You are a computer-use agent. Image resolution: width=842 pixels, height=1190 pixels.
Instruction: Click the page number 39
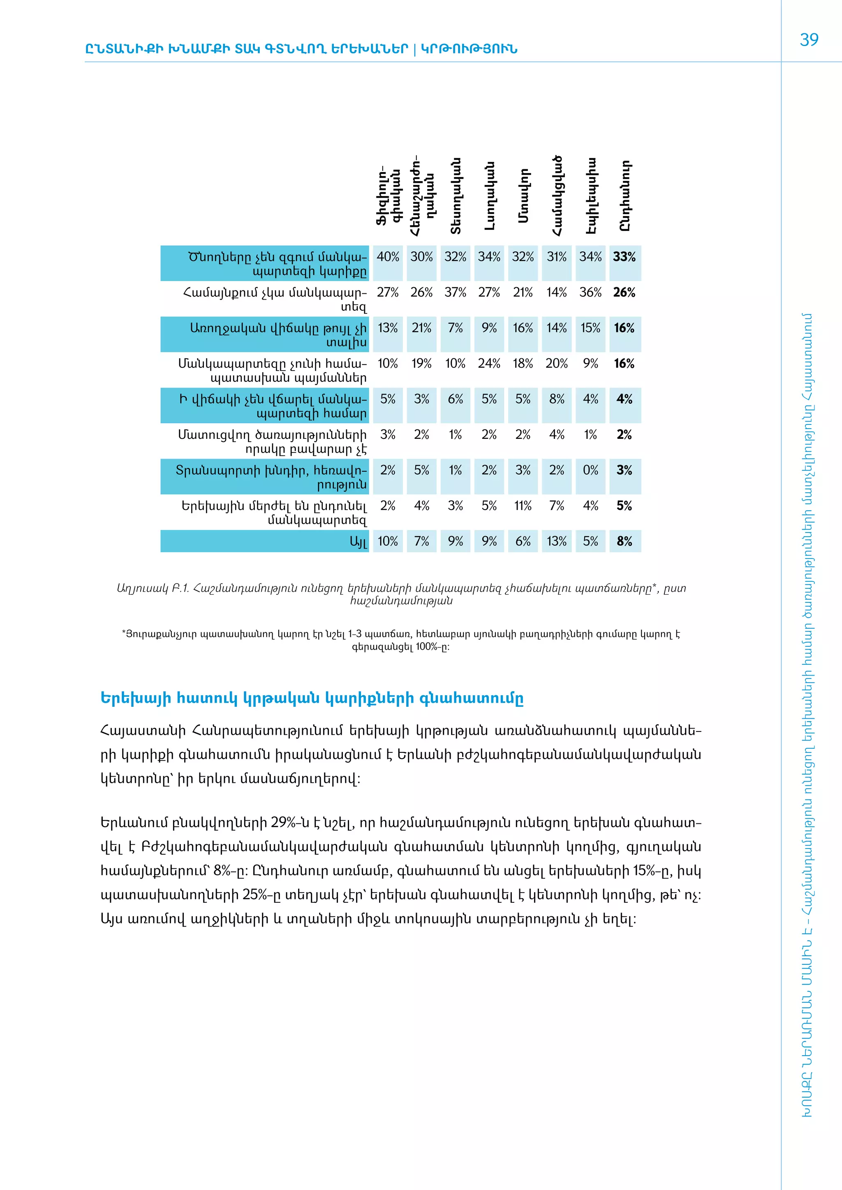(x=809, y=40)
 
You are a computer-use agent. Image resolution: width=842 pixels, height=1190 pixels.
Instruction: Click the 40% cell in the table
(x=388, y=257)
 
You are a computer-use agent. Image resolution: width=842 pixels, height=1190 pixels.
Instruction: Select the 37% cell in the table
(x=455, y=292)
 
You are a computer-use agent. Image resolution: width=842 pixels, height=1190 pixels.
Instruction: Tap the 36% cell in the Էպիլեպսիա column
(x=590, y=292)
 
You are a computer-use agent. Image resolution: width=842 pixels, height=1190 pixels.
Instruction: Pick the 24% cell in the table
(x=489, y=363)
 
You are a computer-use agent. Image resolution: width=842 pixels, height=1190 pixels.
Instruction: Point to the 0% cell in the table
(x=590, y=470)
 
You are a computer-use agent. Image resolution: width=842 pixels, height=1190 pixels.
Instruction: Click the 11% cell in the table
(x=523, y=505)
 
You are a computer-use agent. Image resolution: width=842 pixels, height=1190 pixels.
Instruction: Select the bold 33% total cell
(x=624, y=257)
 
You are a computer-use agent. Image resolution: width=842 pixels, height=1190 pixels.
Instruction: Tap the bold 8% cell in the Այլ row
(x=624, y=541)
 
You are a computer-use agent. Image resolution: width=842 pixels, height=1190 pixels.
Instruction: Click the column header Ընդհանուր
(x=625, y=196)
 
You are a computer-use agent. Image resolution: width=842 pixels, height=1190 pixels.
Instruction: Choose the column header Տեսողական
(x=456, y=196)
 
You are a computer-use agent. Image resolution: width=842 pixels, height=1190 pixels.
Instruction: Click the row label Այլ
(x=358, y=542)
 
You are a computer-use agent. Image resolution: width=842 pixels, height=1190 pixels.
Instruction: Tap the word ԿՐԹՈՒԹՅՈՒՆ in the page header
(x=469, y=49)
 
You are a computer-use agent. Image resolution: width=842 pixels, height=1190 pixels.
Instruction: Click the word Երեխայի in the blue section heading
(x=135, y=698)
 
